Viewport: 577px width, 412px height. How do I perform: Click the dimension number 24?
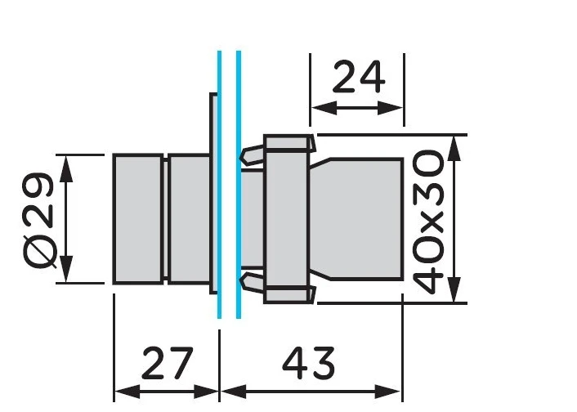click(359, 78)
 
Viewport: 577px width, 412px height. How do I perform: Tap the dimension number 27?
click(167, 363)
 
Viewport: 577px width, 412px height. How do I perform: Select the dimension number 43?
click(309, 363)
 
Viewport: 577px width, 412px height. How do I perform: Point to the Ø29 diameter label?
click(39, 219)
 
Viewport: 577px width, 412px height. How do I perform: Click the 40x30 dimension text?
click(428, 222)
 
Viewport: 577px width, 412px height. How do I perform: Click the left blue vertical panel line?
click(219, 185)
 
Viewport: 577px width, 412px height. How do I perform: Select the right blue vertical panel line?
click(239, 185)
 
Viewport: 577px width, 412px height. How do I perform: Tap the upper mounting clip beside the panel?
click(252, 154)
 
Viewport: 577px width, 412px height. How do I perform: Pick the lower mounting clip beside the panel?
click(252, 282)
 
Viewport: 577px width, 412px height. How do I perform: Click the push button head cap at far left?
click(138, 219)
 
